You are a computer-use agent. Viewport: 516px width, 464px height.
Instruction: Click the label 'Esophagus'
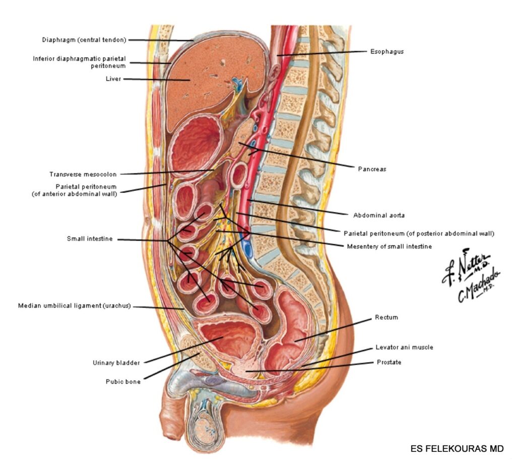[386, 51]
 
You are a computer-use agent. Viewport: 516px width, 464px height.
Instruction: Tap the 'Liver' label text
[113, 79]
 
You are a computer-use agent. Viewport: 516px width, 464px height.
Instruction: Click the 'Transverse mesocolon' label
[83, 175]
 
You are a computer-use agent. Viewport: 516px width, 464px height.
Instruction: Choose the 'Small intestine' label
[90, 239]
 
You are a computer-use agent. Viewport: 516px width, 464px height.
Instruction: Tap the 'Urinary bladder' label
[116, 362]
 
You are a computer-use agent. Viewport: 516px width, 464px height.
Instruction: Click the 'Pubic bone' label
[123, 381]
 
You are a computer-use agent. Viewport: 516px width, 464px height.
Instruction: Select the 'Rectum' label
[386, 318]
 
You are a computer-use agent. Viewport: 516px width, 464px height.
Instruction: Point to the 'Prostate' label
[389, 362]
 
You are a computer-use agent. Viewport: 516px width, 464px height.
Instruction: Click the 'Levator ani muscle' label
[404, 347]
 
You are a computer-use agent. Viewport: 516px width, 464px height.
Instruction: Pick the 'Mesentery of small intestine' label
[389, 247]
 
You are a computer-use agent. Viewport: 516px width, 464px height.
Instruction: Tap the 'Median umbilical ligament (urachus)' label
[74, 305]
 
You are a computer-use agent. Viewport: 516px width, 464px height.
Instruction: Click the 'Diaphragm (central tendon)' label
[84, 40]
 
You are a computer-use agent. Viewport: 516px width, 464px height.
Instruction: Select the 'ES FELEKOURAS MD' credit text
[457, 448]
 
